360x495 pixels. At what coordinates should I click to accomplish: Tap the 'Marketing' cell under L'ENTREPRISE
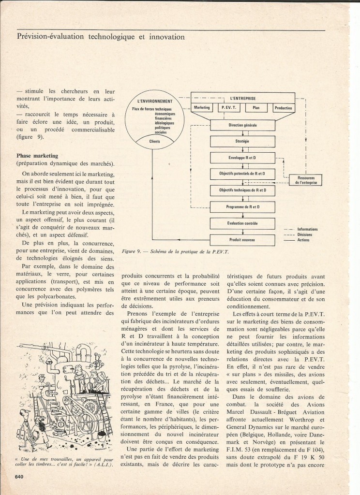point(202,108)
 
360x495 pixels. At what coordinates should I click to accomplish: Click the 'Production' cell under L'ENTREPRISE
point(283,108)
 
